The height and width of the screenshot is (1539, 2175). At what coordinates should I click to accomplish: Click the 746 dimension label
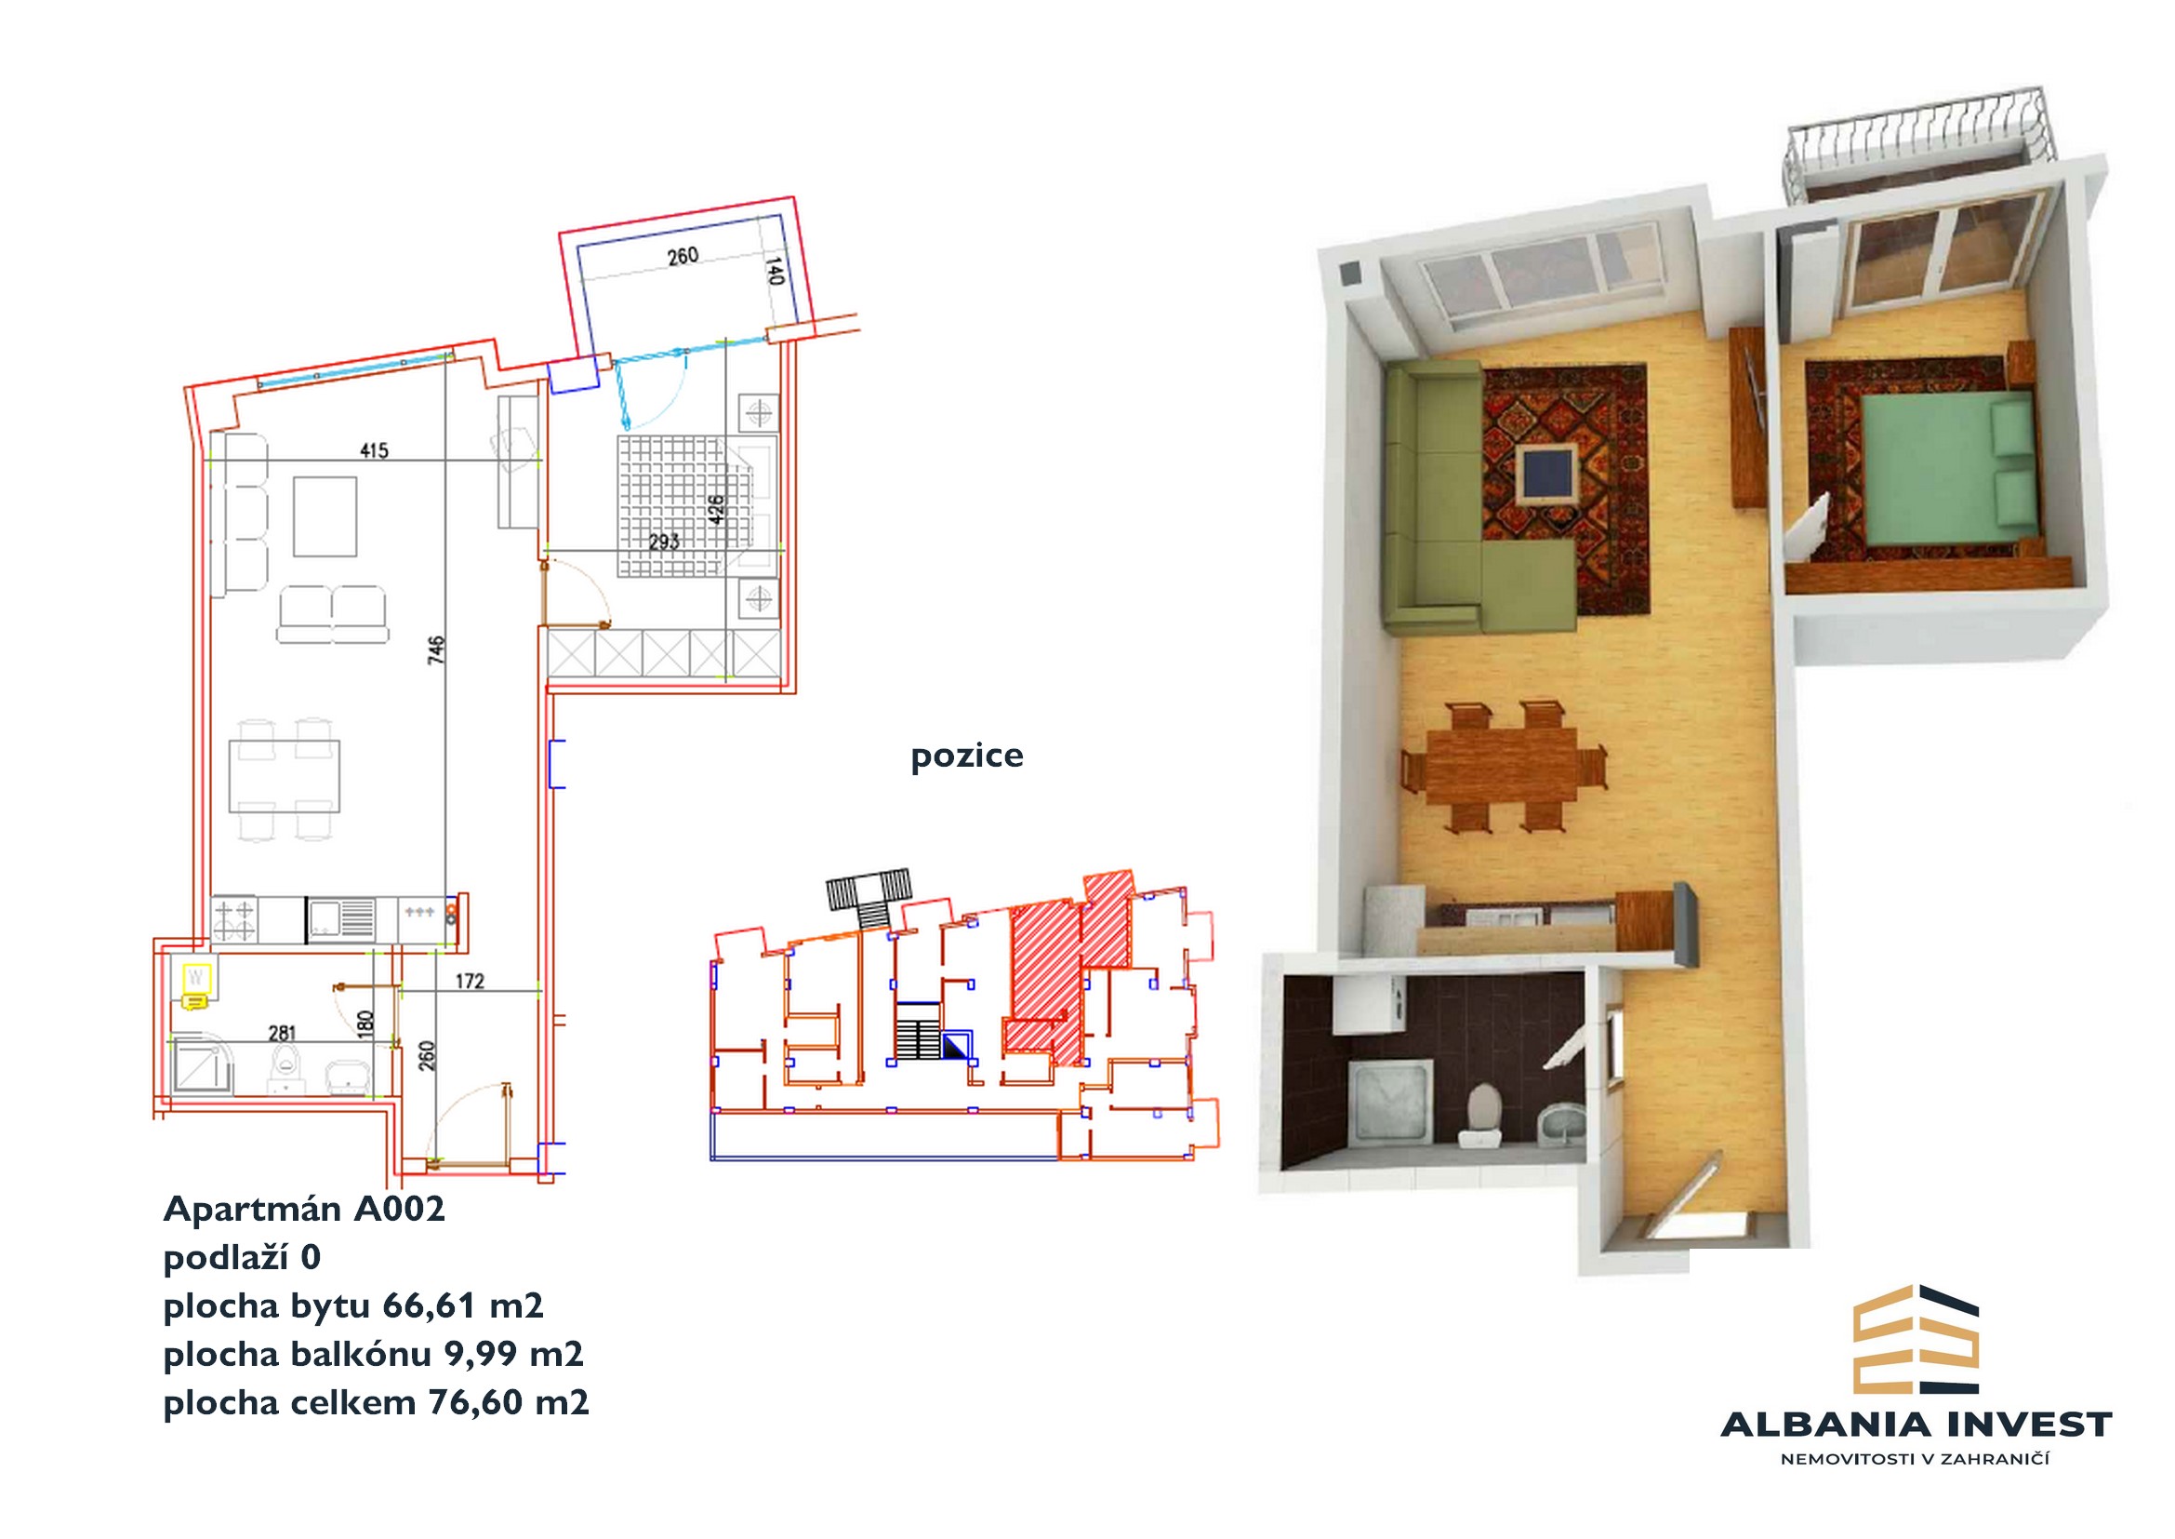tap(436, 651)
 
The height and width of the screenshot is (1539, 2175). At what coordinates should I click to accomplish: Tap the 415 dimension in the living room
tap(374, 450)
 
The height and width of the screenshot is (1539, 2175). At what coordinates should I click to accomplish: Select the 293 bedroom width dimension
tap(664, 542)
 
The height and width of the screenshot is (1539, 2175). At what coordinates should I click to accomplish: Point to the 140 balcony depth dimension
tap(774, 271)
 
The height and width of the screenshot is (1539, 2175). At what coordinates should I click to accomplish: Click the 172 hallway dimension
tap(470, 981)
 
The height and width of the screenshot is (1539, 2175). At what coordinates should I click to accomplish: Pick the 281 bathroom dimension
tap(283, 1033)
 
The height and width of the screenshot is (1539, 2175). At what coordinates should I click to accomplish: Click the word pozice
tap(966, 756)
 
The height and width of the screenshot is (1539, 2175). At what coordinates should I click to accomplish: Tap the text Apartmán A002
tap(304, 1210)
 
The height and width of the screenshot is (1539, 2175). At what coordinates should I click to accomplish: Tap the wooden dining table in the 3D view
tap(1502, 765)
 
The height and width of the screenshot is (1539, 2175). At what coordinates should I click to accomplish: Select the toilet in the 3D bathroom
tap(1483, 1116)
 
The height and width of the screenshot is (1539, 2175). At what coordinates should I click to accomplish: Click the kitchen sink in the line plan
tap(341, 919)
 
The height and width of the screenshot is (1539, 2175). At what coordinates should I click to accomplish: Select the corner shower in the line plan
tap(201, 1066)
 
